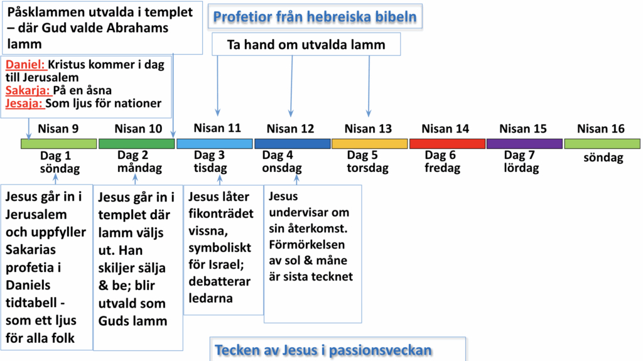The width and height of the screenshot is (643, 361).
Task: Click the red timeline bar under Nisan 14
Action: (447, 144)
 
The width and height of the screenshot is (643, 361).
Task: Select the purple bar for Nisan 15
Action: (524, 144)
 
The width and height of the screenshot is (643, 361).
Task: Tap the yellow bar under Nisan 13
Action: (369, 144)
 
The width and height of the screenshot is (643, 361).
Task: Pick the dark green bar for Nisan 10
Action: (136, 144)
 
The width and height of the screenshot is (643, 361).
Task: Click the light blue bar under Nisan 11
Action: (215, 144)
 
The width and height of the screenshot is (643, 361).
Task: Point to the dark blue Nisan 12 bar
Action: (293, 144)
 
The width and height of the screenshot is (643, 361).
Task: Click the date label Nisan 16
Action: (601, 129)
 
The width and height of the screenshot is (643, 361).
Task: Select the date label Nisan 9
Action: (58, 129)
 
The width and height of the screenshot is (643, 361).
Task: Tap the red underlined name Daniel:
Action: (25, 65)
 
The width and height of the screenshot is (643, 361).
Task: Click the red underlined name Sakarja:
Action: (28, 90)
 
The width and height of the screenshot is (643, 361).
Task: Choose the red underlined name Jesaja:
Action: (24, 104)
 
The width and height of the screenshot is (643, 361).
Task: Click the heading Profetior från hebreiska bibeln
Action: (315, 17)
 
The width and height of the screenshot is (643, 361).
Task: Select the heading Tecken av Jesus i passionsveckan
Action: (323, 350)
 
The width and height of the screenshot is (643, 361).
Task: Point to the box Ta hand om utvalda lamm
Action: (306, 45)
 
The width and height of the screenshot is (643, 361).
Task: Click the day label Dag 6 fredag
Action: (443, 161)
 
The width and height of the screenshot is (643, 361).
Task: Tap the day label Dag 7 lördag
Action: (521, 161)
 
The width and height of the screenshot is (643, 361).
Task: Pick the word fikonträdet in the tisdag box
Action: (220, 213)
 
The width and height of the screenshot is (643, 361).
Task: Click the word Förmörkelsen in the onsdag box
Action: (306, 244)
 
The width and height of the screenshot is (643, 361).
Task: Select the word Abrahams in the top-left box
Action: (138, 28)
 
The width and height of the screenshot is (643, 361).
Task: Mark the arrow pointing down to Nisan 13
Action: (369, 86)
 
